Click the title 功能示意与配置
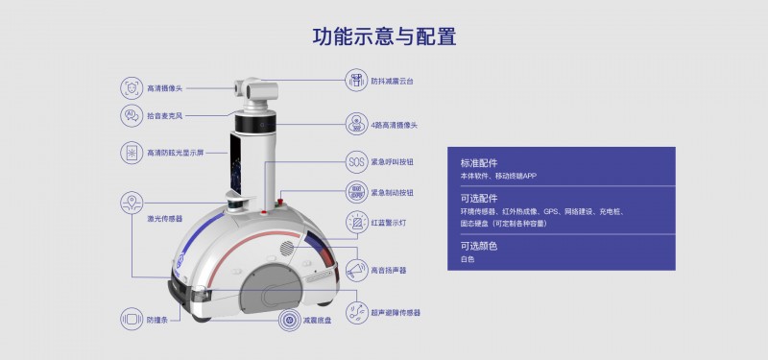[385, 36]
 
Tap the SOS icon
[356, 161]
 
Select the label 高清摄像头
[164, 88]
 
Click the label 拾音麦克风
[164, 116]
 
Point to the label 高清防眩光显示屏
[176, 153]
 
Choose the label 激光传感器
[164, 219]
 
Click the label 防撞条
[157, 320]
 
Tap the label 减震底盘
[318, 321]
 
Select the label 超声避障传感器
[396, 313]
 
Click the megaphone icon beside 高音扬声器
[356, 271]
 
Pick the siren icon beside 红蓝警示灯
[356, 223]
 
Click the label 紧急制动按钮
[392, 193]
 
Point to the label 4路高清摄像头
[394, 125]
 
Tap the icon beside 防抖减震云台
[356, 81]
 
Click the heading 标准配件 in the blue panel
[478, 163]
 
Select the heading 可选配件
[478, 199]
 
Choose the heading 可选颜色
[478, 246]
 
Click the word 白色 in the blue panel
[468, 259]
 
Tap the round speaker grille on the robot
[287, 248]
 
